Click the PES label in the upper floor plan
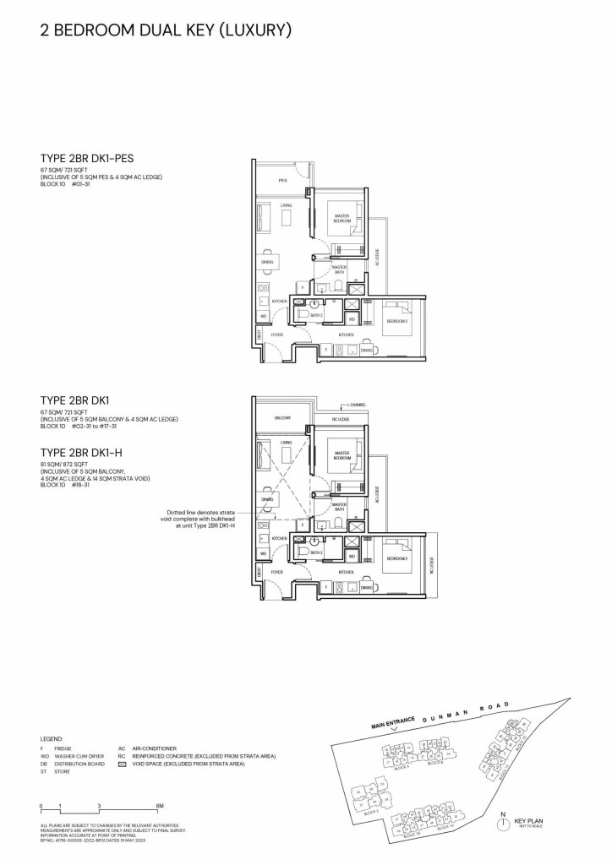[x=283, y=181]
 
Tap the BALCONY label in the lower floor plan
[x=283, y=418]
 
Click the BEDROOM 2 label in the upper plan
[x=397, y=322]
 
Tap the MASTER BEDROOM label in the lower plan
[x=342, y=454]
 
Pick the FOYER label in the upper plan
[x=276, y=335]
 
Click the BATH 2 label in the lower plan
[x=317, y=552]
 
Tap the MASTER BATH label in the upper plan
[x=340, y=269]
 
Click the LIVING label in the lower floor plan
[x=287, y=443]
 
